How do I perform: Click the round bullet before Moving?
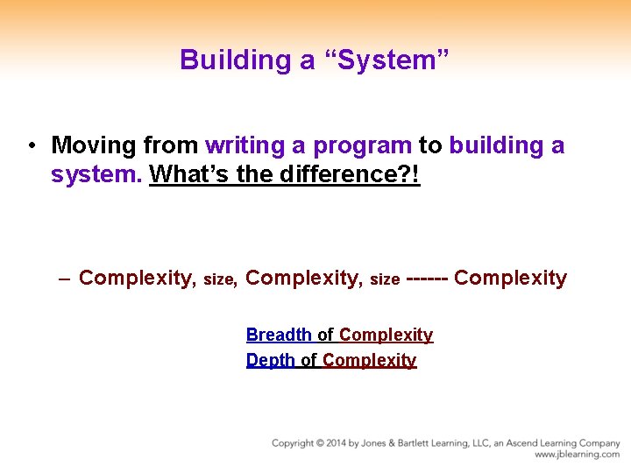point(31,145)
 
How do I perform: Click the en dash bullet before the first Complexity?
point(65,279)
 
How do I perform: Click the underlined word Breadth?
point(279,335)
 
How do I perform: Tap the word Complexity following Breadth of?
point(386,335)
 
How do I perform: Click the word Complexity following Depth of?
point(369,360)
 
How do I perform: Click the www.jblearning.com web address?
point(577,455)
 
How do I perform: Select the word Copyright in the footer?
point(294,443)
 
